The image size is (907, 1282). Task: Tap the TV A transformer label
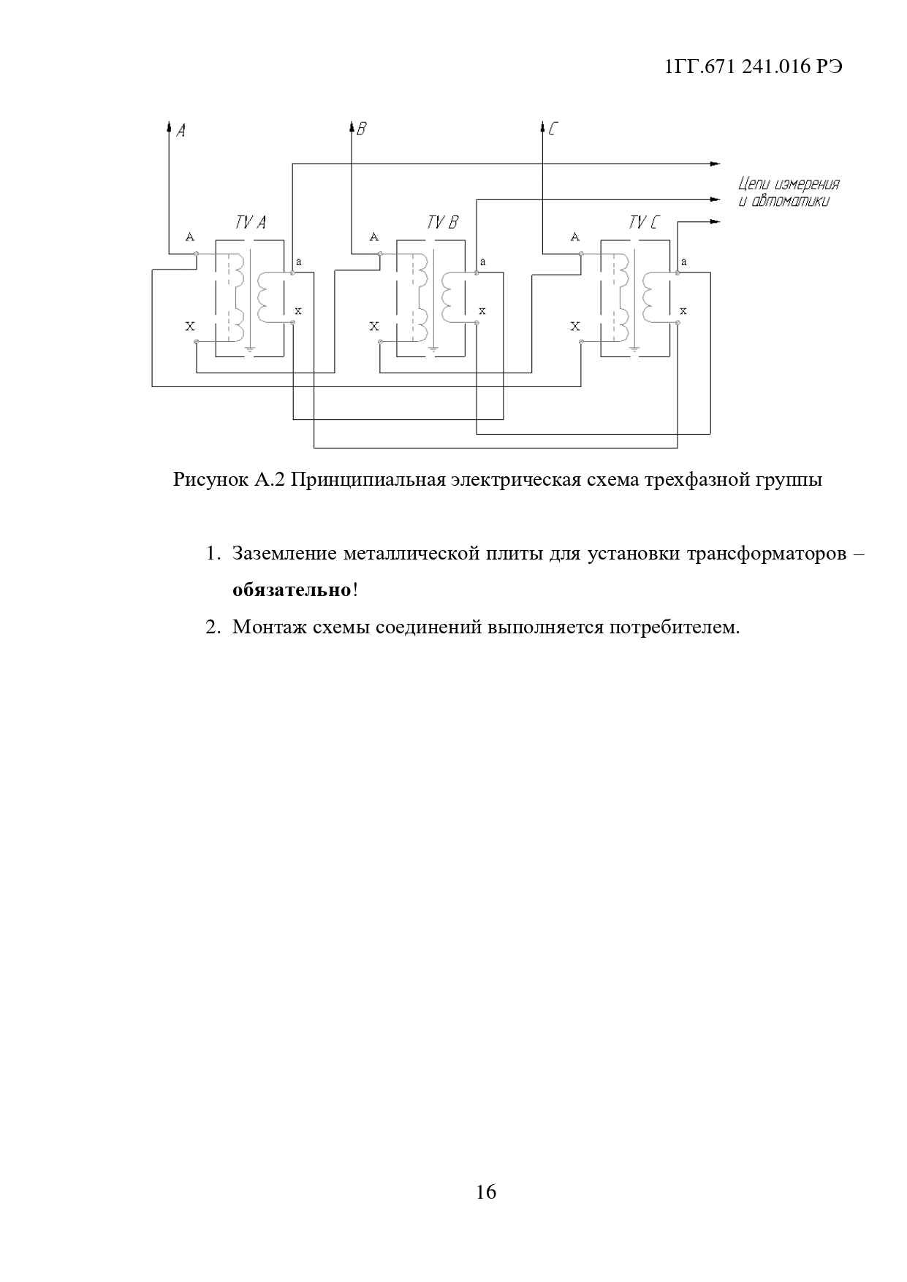(x=250, y=223)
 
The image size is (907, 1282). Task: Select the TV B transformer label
(x=442, y=223)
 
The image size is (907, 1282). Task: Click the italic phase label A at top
(x=181, y=131)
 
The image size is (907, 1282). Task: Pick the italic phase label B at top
(x=361, y=130)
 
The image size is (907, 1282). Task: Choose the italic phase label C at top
(x=553, y=130)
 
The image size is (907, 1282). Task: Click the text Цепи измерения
(x=789, y=184)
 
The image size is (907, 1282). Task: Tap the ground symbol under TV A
(x=250, y=350)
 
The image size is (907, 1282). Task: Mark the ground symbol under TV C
(x=634, y=350)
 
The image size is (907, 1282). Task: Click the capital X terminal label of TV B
(x=374, y=327)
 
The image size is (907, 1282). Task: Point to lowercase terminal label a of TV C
(x=683, y=262)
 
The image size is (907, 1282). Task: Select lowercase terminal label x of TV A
(x=298, y=311)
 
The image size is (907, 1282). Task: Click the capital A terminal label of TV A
(x=190, y=237)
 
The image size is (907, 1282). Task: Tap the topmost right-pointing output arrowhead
(x=716, y=163)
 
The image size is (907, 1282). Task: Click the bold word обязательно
(x=292, y=590)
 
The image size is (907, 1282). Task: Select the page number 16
(x=485, y=1192)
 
